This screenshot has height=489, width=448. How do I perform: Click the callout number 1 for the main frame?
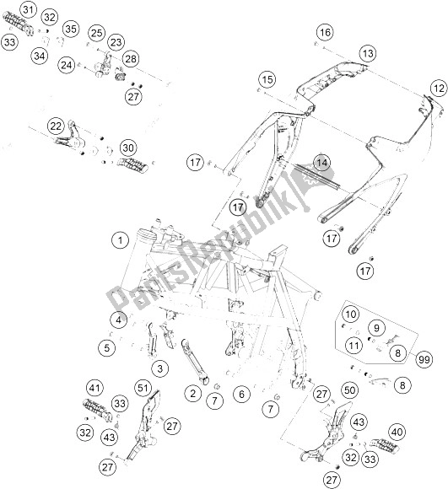120,240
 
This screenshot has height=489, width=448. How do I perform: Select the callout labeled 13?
368,53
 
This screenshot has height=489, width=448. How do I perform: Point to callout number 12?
439,89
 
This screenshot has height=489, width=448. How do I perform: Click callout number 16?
325,32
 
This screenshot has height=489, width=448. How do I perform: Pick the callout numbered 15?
267,79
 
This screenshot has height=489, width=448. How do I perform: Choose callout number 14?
322,163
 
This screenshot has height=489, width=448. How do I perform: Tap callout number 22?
56,126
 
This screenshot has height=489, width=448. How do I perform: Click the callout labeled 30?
128,148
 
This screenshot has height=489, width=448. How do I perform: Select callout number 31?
28,10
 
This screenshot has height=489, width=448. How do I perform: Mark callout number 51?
143,389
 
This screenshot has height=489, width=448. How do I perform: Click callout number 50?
350,390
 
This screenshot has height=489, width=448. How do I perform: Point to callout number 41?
94,389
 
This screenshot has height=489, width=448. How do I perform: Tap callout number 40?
397,433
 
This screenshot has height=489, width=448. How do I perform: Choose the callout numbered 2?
193,393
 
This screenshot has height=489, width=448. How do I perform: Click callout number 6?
242,395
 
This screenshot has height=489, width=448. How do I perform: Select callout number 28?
131,59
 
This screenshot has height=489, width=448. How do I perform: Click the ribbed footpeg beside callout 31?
19,24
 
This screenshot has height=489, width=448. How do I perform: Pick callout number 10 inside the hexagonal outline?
351,314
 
